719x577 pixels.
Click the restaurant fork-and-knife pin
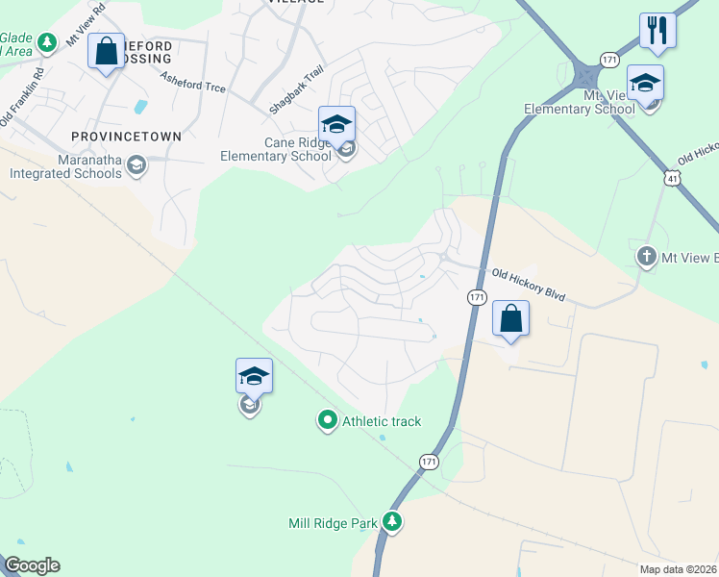(x=657, y=31)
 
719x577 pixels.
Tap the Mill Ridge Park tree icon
(x=391, y=522)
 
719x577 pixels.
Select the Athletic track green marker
(x=328, y=420)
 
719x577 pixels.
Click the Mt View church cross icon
(x=647, y=257)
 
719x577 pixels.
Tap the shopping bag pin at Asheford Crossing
(x=106, y=51)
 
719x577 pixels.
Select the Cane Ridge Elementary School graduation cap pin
(x=336, y=125)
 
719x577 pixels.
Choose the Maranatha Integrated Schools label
(x=65, y=166)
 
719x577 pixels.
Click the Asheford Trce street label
(x=193, y=83)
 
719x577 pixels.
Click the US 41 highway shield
(x=672, y=178)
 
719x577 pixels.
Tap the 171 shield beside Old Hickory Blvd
(x=476, y=298)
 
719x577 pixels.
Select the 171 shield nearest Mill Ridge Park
(x=429, y=463)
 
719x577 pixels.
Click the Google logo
(x=32, y=565)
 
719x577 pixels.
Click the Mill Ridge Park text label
(x=334, y=524)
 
